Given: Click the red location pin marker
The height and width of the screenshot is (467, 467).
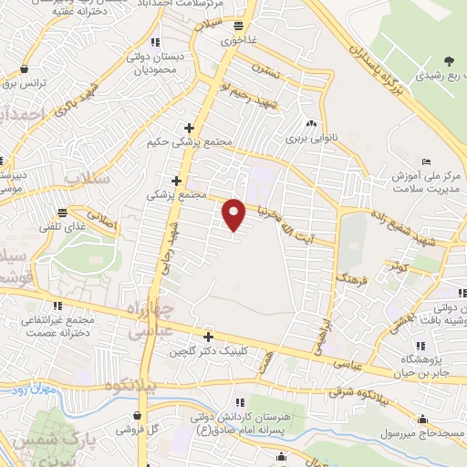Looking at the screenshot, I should point(234,214).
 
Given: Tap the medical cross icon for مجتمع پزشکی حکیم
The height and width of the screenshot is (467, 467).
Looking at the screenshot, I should point(189,128).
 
